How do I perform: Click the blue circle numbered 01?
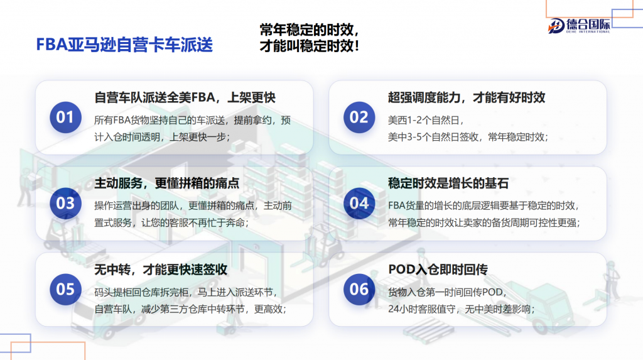pyautogui.click(x=65, y=117)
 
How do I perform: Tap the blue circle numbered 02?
pyautogui.click(x=359, y=117)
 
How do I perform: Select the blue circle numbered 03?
pyautogui.click(x=65, y=203)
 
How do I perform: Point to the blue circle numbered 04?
pyautogui.click(x=359, y=203)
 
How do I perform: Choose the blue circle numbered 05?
pyautogui.click(x=65, y=290)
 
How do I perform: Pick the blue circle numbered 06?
pyautogui.click(x=359, y=290)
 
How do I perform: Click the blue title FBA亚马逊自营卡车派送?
pyautogui.click(x=125, y=45)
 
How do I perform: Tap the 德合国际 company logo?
pyautogui.click(x=579, y=26)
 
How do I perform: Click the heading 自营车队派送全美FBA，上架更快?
pyautogui.click(x=185, y=98)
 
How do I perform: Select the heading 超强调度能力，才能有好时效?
pyautogui.click(x=467, y=98)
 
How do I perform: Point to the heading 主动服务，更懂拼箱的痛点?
pyautogui.click(x=167, y=183)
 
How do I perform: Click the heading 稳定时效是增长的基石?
pyautogui.click(x=448, y=183)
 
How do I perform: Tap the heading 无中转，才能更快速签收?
pyautogui.click(x=161, y=270)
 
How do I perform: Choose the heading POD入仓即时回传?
pyautogui.click(x=438, y=270)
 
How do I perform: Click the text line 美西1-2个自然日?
pyautogui.click(x=426, y=120)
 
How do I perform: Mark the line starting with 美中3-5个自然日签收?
pyautogui.click(x=468, y=137)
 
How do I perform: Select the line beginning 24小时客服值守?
pyautogui.click(x=462, y=309)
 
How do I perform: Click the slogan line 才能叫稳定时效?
pyautogui.click(x=310, y=46)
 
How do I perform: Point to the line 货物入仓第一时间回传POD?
pyautogui.click(x=447, y=292)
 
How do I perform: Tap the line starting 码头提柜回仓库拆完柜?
pyautogui.click(x=186, y=292)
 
